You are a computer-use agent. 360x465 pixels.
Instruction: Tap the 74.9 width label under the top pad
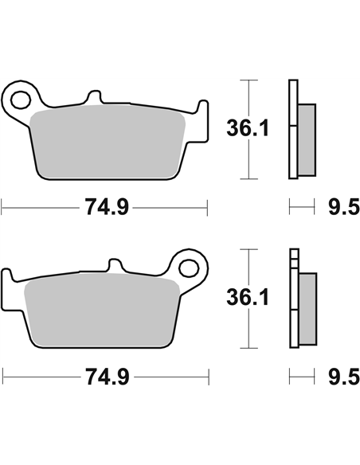pos(107,207)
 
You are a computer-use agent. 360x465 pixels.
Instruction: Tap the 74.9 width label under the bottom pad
pos(108,377)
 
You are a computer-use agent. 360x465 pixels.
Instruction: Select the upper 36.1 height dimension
pos(248,128)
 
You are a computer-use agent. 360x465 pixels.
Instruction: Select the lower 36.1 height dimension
pos(248,298)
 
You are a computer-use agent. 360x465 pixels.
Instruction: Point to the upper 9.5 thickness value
pos(344,207)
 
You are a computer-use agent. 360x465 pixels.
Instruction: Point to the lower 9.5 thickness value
pos(344,377)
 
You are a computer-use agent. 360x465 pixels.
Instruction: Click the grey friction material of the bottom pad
pos(102,311)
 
